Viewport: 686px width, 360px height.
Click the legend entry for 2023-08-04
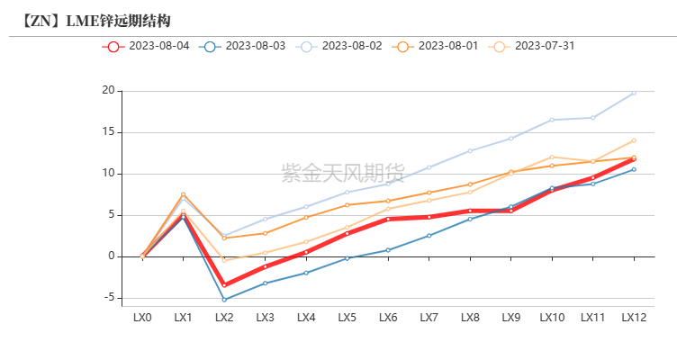pos(146,46)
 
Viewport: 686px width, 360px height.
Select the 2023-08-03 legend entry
pos(242,46)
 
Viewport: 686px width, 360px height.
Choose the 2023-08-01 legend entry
pos(436,46)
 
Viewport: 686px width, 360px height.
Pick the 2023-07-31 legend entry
pos(532,46)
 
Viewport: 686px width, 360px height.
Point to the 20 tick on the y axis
pos(108,91)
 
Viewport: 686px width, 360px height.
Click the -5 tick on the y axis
pos(108,298)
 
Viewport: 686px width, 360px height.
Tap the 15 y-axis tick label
pos(108,132)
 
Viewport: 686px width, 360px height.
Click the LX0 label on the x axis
pos(142,318)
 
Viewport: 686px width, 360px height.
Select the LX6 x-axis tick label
pos(388,318)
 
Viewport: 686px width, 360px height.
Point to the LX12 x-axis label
pos(634,318)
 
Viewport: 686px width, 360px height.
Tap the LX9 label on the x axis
pos(511,318)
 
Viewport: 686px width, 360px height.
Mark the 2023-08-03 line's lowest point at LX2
pos(224,300)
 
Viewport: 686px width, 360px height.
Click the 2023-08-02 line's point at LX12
pos(634,93)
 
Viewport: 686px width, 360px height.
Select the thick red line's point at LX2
pos(224,285)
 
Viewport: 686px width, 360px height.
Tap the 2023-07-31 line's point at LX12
pos(634,140)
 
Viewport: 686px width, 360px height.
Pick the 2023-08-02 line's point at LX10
pos(552,120)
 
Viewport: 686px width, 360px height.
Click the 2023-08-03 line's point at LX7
pos(429,236)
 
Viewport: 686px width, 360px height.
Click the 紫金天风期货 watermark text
pos(343,172)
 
